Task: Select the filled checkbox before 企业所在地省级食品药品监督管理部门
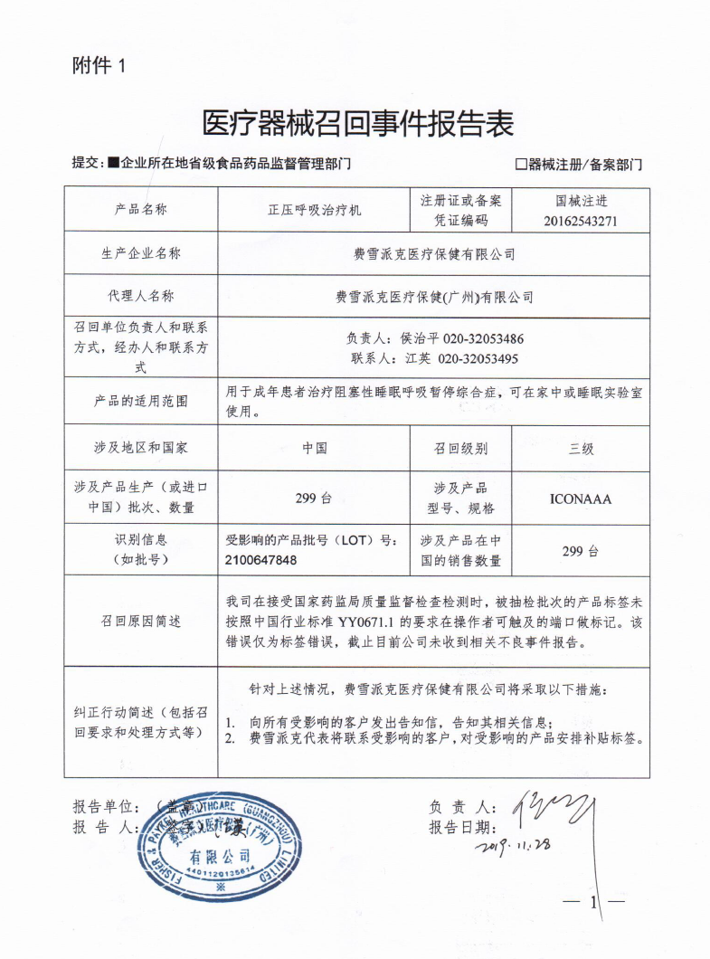pos(114,164)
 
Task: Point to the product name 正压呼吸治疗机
pos(321,210)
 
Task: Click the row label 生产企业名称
pos(141,254)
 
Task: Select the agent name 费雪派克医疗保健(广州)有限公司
pos(434,296)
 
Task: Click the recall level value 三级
pos(581,448)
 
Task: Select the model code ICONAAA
pos(581,498)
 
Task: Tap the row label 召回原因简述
pos(141,622)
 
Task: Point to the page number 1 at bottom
pos(593,902)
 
